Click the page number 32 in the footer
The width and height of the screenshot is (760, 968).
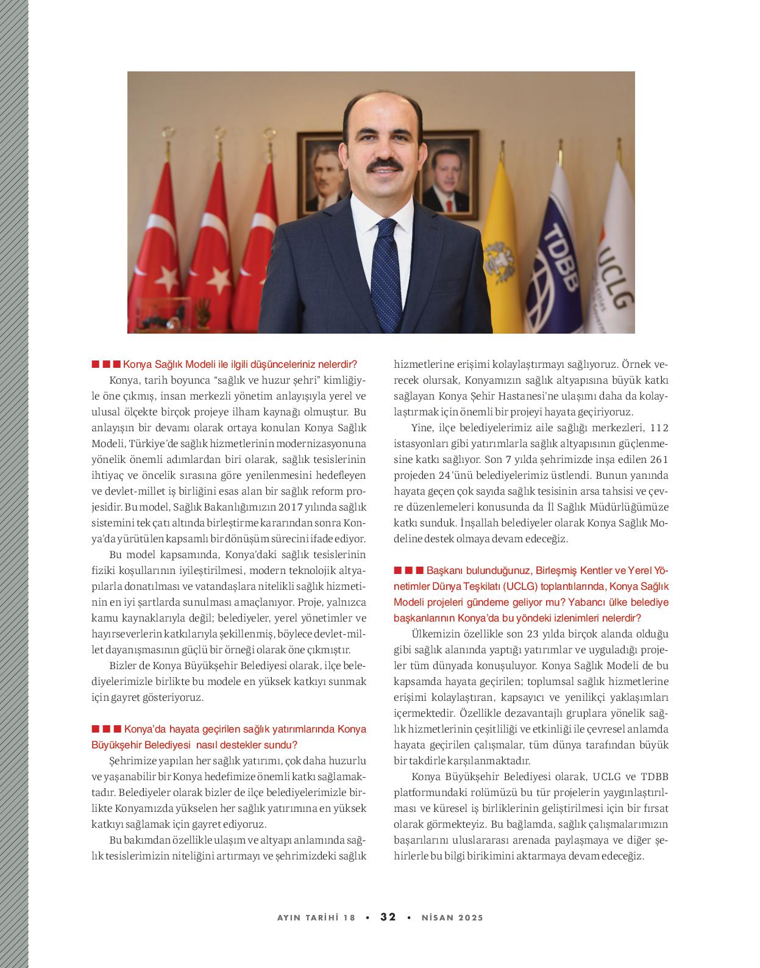pos(388,917)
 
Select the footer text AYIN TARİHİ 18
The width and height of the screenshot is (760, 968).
pos(316,918)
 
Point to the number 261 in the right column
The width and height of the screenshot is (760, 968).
pos(659,459)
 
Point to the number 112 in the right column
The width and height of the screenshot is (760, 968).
pos(660,428)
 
